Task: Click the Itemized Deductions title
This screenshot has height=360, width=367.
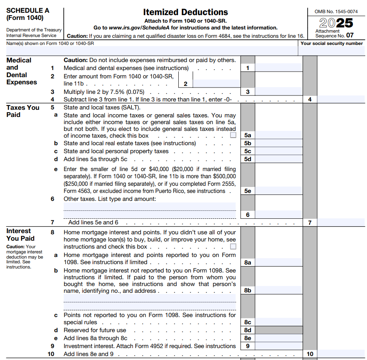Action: tap(185, 12)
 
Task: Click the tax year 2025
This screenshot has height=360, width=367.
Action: tap(336, 22)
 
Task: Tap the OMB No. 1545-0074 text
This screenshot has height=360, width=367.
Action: tap(336, 12)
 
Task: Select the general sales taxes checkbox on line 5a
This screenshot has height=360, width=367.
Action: tap(233, 135)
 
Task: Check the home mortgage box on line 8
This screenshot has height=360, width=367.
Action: tap(233, 247)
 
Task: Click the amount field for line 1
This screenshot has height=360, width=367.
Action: tap(279, 68)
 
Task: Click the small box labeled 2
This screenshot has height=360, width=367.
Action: tap(185, 84)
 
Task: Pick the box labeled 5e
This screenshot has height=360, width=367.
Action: tap(248, 191)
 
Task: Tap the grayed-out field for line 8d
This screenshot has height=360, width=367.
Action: tap(279, 330)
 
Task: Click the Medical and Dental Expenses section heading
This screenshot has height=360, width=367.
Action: tap(21, 71)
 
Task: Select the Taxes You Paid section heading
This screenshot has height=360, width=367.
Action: tap(23, 111)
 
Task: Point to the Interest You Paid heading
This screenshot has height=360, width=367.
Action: tap(20, 235)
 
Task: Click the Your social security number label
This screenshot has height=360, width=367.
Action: tap(332, 43)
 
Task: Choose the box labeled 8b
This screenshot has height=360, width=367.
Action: tap(248, 290)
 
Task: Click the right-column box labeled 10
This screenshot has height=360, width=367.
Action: tap(310, 354)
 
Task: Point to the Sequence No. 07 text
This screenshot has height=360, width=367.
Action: tap(334, 35)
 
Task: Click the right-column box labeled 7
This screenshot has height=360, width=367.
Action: tap(310, 223)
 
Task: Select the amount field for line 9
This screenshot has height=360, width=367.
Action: tap(279, 346)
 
